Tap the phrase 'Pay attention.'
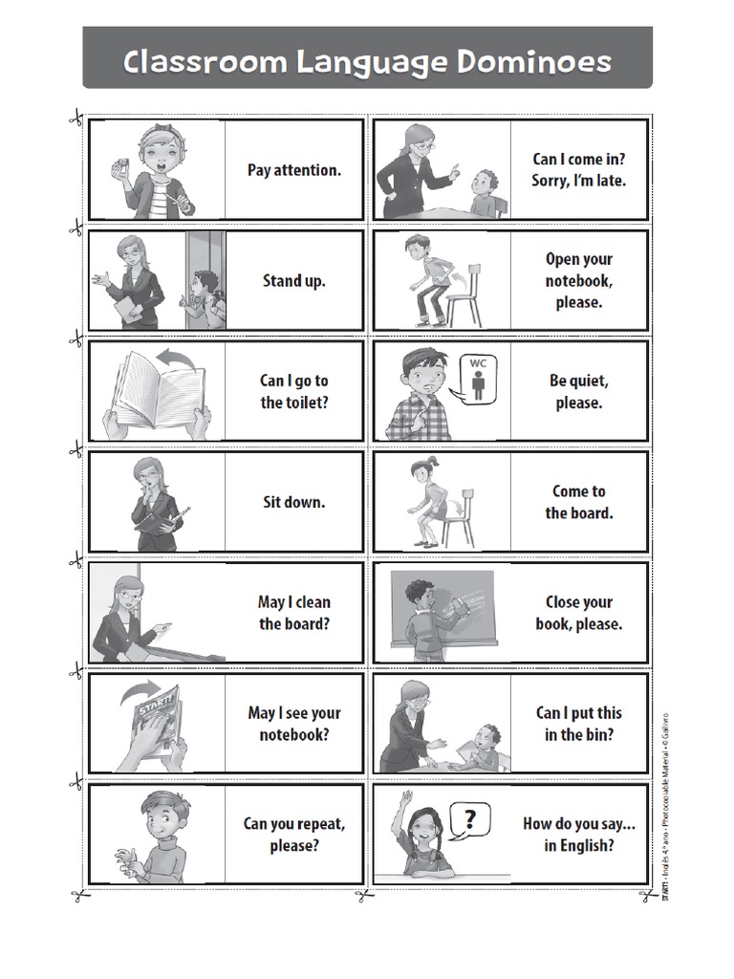point(293,170)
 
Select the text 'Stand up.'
point(293,281)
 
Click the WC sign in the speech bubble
point(478,378)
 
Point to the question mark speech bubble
point(469,819)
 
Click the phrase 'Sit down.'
point(293,501)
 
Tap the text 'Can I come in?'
point(579,159)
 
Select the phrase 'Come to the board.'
point(579,502)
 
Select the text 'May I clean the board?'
point(293,613)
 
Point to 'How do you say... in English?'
point(579,834)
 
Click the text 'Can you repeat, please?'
point(293,834)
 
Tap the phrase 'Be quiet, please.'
point(579,391)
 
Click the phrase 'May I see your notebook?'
point(293,724)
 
